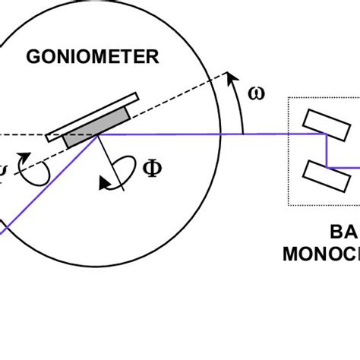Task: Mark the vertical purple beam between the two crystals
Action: tap(327, 150)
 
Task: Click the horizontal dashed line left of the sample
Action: tap(23, 136)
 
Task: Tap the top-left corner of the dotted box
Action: tap(289, 98)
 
